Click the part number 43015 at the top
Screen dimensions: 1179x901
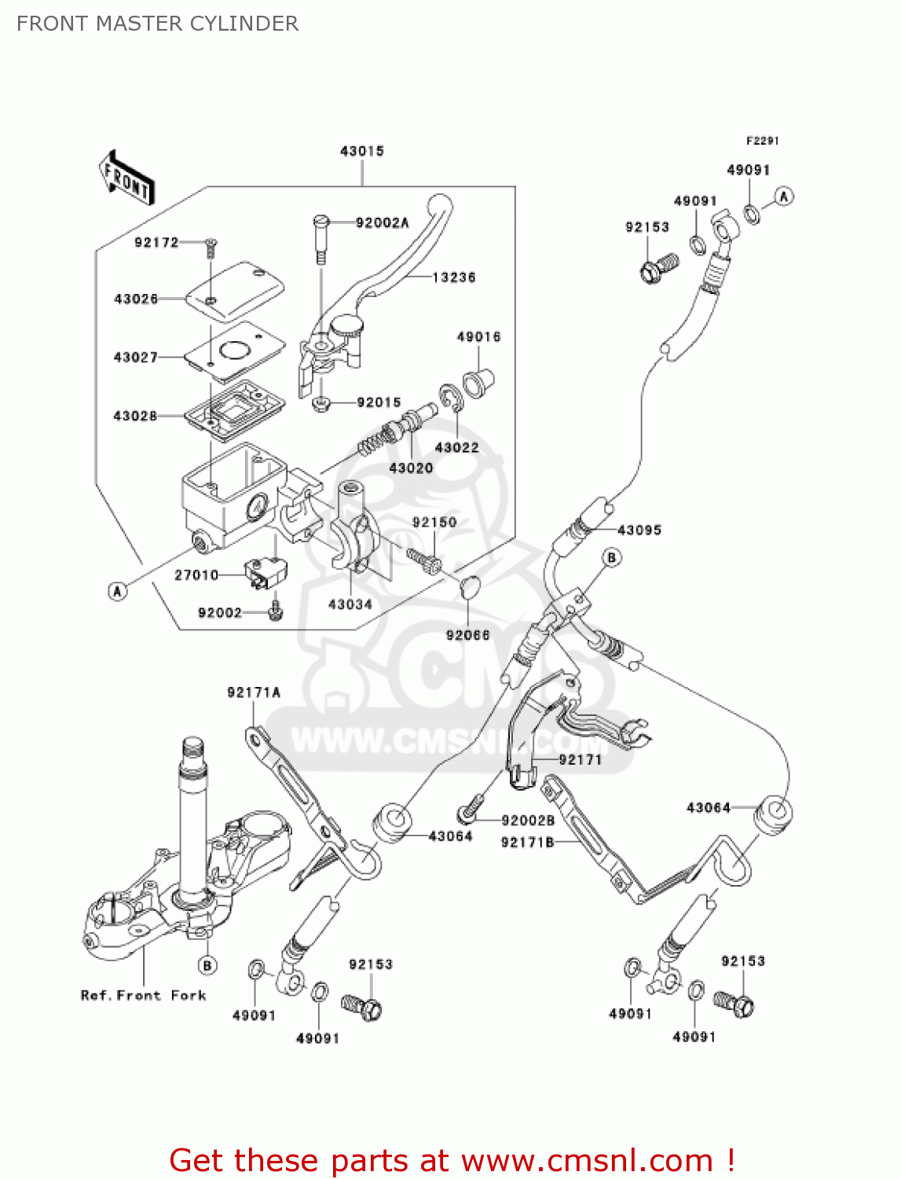click(x=361, y=151)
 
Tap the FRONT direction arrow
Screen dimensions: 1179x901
click(x=126, y=178)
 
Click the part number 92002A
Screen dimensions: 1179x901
click(x=382, y=223)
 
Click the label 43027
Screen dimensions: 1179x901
click(x=135, y=358)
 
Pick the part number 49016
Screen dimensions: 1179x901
click(x=478, y=337)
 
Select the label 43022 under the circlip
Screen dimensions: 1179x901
click(x=456, y=447)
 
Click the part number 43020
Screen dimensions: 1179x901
click(x=411, y=468)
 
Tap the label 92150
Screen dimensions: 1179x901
click(x=434, y=523)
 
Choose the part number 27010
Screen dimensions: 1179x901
click(x=196, y=575)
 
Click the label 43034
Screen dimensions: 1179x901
click(x=350, y=604)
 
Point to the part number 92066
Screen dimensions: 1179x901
click(x=467, y=635)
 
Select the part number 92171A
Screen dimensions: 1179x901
click(x=254, y=692)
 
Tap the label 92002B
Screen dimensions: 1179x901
click(x=528, y=821)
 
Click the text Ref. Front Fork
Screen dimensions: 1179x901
click(x=143, y=996)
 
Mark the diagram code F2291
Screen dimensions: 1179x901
click(x=762, y=141)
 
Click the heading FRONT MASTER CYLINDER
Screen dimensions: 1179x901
click(x=157, y=24)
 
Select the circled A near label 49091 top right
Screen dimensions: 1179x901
click(x=783, y=196)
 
